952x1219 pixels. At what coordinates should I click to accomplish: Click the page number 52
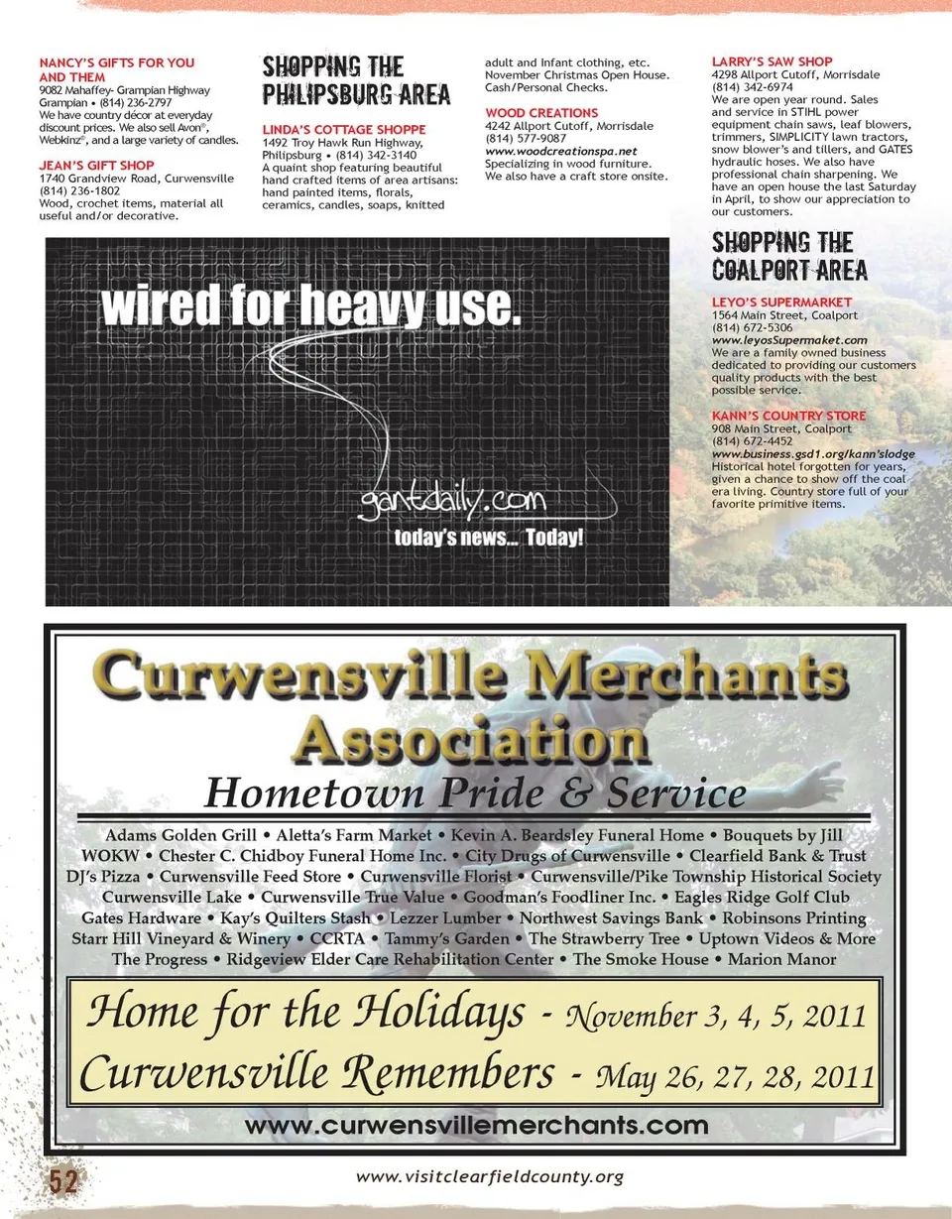pos(63,1180)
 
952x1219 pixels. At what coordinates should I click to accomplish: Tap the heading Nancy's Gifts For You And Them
pos(116,69)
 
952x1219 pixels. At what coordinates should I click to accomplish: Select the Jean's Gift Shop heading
pos(97,166)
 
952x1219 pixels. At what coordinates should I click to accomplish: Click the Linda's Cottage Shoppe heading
pos(343,130)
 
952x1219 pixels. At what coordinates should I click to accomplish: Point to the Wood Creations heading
pos(541,114)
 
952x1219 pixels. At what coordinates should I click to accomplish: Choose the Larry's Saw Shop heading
pos(772,61)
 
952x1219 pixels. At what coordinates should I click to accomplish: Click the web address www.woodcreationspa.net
pos(560,151)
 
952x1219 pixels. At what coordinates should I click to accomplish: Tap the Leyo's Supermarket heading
pos(781,302)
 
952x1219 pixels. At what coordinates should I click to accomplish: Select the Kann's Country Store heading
pos(788,416)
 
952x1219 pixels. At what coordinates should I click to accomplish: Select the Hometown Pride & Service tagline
pos(474,792)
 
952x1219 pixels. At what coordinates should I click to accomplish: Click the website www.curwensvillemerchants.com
pos(476,1126)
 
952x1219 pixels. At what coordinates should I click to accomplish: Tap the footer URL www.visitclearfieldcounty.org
pos(490,1177)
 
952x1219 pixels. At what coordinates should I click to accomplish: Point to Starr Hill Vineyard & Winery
pos(181,938)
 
